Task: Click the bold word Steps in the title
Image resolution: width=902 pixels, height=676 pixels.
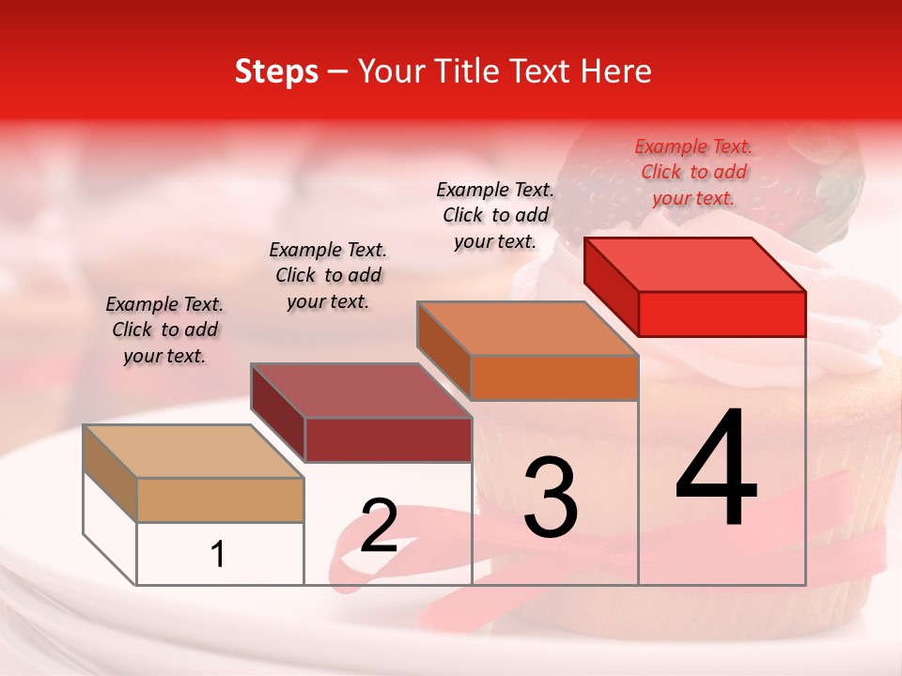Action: tap(276, 71)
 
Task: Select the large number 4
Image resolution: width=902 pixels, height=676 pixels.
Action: tap(717, 469)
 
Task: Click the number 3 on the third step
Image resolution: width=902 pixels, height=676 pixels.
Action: tap(551, 497)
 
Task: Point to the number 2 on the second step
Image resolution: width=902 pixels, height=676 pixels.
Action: tap(380, 527)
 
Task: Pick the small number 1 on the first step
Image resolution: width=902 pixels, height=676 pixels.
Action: tap(218, 555)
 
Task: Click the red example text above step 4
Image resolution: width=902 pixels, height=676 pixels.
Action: tap(693, 172)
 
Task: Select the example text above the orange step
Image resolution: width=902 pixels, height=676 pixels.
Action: tap(495, 215)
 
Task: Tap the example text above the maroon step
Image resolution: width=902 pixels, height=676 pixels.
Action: tap(328, 275)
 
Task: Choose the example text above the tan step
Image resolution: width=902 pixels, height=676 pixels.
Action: tap(164, 330)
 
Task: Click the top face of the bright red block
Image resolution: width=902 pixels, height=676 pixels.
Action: tap(695, 264)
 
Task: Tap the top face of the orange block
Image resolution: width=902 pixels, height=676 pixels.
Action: tap(527, 328)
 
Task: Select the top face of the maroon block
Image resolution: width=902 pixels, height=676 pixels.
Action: tap(362, 390)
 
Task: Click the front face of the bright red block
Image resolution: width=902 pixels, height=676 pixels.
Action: tap(722, 314)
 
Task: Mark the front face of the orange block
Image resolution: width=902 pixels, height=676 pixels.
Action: tap(554, 377)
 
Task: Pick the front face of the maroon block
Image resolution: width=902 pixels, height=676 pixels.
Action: tap(388, 439)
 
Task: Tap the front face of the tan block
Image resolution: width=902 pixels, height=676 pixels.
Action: tap(220, 499)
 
